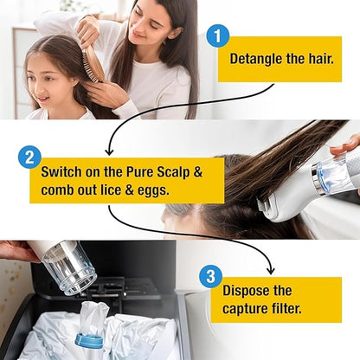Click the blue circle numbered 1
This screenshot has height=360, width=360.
(x=217, y=37)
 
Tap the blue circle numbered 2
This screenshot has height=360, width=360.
(x=29, y=157)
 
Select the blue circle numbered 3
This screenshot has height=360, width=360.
(x=210, y=277)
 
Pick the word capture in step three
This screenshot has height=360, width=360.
(x=249, y=309)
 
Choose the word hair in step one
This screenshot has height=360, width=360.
(x=326, y=60)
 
